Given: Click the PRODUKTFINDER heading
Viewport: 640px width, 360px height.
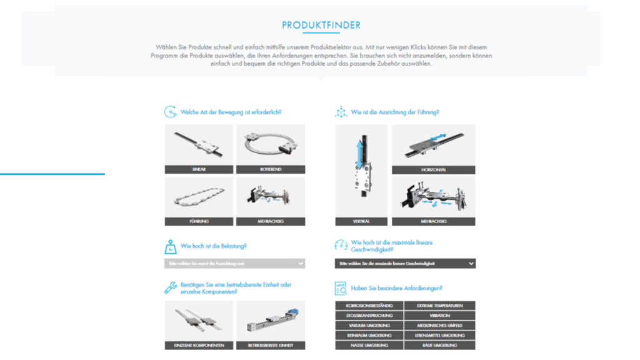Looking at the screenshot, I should (x=321, y=26).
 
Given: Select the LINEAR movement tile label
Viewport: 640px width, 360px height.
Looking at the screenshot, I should (x=199, y=169).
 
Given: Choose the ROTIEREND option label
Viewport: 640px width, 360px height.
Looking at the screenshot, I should (x=271, y=169).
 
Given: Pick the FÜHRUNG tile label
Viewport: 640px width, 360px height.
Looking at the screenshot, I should (x=199, y=221).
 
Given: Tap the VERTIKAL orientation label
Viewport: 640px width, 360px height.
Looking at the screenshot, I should (x=361, y=221).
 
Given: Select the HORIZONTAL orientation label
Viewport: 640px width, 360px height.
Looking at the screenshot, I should (x=433, y=169).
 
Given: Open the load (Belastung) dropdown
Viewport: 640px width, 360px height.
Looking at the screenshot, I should (x=235, y=264).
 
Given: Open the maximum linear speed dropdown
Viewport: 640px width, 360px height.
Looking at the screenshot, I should (x=405, y=264).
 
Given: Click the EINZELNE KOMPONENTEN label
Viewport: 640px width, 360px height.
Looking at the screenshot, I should (x=199, y=345).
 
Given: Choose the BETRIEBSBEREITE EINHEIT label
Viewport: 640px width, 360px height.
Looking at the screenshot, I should (x=271, y=345).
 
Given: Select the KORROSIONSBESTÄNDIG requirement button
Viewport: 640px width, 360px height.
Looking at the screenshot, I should (x=369, y=306).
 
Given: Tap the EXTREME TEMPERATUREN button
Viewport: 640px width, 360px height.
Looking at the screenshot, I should (x=440, y=306).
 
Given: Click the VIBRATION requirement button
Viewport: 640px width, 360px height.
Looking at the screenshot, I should (x=440, y=316).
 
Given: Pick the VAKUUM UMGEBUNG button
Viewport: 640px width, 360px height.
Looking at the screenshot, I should (x=369, y=326).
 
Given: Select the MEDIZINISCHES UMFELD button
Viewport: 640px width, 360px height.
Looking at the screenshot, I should (x=440, y=326).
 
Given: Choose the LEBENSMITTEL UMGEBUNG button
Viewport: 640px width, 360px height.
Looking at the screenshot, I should (x=440, y=336).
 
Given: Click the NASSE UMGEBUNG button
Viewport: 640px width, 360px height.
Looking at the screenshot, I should (x=369, y=345).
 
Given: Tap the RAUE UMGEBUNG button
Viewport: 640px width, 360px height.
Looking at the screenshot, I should (x=440, y=345).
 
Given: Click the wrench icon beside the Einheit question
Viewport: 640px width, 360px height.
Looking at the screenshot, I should (x=171, y=287).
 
